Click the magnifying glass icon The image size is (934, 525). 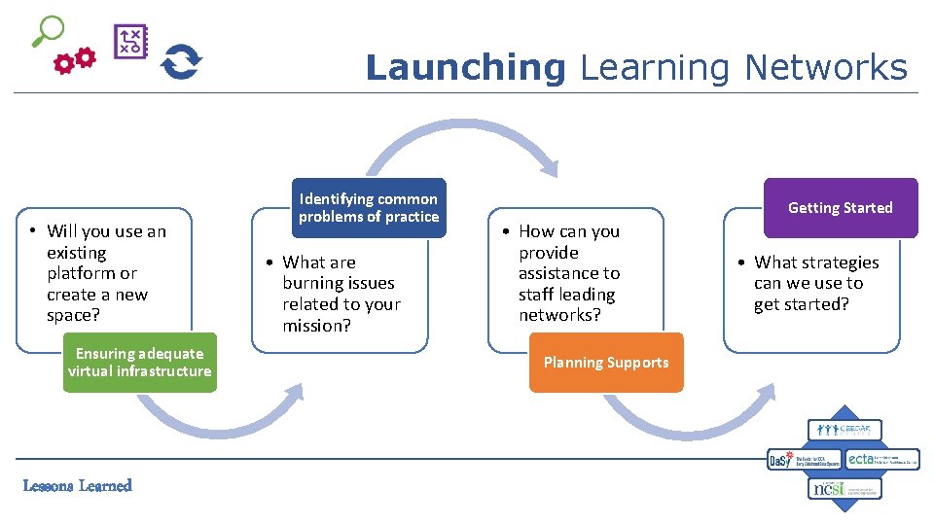coord(47,31)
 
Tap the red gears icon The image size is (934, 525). coord(75,61)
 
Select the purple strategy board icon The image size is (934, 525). coord(130,42)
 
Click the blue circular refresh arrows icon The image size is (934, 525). coord(181,62)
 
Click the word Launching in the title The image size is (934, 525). coord(465,68)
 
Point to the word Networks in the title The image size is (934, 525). coord(825,68)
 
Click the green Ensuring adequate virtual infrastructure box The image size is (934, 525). coord(139,363)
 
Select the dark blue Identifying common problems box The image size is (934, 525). coord(369,208)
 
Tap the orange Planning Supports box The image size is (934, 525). coord(606,363)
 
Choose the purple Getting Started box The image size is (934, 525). coord(841,208)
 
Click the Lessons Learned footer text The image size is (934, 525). coord(77,486)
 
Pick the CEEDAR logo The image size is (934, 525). coord(844,430)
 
